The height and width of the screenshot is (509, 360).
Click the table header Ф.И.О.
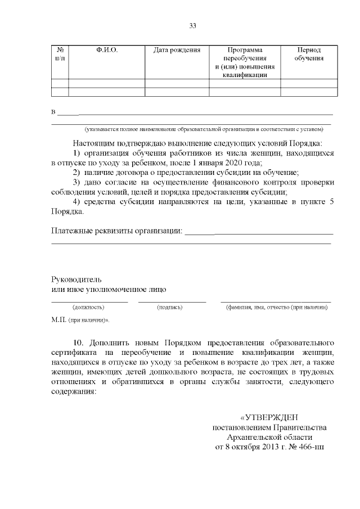107,50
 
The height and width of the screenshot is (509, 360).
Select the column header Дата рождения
177,50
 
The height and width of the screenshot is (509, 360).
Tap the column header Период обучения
309,54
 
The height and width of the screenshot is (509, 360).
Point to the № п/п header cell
60,54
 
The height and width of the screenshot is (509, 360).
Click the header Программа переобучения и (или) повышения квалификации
245,62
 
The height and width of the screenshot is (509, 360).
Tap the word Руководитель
76,279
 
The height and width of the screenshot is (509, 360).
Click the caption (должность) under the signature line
89,308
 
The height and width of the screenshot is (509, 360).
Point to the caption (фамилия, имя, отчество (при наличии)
276,308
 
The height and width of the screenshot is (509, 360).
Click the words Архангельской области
269,438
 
